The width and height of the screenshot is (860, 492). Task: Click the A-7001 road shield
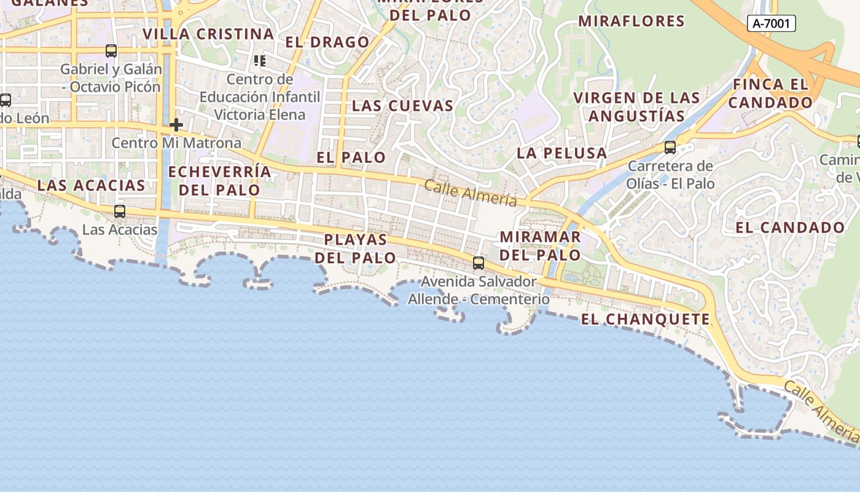(x=772, y=23)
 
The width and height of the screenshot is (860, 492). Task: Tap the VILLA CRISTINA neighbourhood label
(x=208, y=34)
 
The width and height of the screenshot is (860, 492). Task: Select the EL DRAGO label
(x=327, y=42)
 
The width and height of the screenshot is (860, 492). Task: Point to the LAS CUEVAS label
(x=402, y=106)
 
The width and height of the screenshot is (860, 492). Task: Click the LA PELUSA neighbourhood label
(x=561, y=153)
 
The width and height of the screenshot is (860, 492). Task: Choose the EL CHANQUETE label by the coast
(x=645, y=319)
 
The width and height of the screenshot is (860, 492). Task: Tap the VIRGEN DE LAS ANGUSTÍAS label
(x=636, y=107)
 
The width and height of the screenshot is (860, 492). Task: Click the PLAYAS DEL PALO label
(x=355, y=248)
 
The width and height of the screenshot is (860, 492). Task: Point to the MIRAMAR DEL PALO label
(x=540, y=245)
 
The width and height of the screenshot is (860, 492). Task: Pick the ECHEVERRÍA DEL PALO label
(x=219, y=180)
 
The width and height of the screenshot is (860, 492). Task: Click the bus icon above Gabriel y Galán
(x=111, y=51)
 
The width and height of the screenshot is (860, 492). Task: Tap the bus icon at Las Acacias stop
(x=120, y=212)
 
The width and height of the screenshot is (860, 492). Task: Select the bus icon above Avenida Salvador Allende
(x=479, y=263)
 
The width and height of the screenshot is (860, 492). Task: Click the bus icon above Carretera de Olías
(x=670, y=148)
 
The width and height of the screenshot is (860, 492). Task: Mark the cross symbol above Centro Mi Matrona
(x=176, y=125)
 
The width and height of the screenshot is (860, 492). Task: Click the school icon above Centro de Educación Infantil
(x=260, y=61)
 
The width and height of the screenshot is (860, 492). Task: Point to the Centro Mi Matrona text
(x=176, y=143)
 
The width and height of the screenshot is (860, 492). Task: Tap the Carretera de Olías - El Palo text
(x=670, y=175)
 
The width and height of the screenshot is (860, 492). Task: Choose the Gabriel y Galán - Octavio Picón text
(x=111, y=78)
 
